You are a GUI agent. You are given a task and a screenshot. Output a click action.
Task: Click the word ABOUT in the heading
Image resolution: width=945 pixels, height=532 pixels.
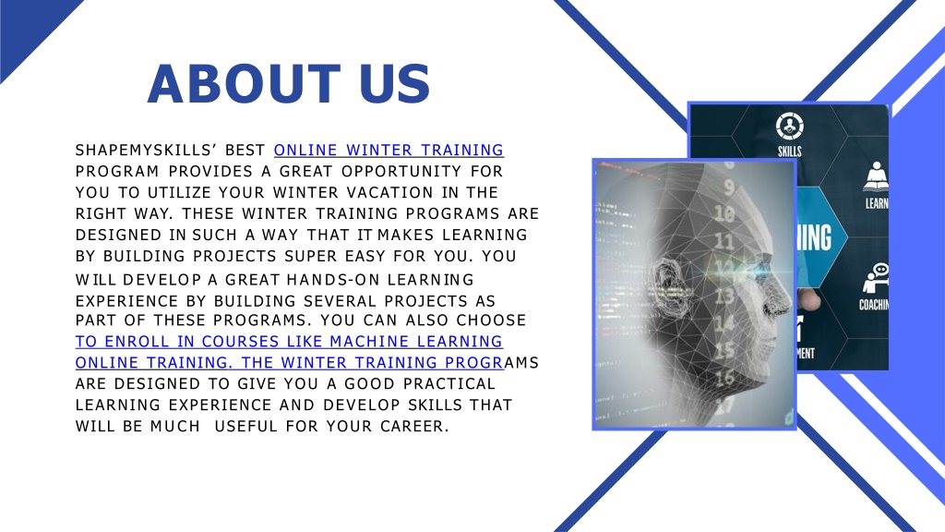(x=244, y=84)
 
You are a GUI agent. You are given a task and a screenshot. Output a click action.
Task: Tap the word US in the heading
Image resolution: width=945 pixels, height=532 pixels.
(x=395, y=84)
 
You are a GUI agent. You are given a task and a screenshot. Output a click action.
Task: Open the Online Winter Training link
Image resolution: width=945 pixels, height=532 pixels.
(x=389, y=150)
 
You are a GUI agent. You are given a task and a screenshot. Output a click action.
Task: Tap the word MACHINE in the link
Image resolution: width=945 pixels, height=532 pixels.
(x=369, y=342)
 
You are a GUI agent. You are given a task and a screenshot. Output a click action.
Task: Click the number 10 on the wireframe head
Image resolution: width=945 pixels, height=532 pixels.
(x=724, y=213)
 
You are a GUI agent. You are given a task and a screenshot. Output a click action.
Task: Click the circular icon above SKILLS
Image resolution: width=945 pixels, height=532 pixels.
(x=790, y=127)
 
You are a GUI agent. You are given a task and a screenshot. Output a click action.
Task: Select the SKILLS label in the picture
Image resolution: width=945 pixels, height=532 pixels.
(x=790, y=151)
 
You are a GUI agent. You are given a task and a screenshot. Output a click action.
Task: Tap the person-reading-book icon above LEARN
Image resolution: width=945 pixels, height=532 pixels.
(x=876, y=176)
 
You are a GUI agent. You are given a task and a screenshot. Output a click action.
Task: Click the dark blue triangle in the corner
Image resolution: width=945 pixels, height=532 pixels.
(x=27, y=27)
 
